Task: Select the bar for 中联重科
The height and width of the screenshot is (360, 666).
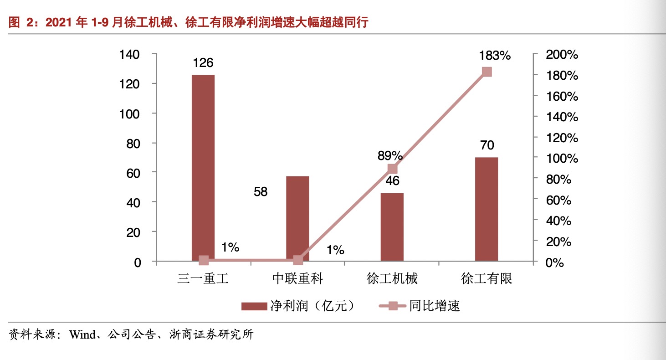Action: (297, 219)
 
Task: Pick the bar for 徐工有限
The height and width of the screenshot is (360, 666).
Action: (487, 209)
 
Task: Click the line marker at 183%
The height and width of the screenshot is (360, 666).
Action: (487, 72)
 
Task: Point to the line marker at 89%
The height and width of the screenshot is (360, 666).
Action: (392, 169)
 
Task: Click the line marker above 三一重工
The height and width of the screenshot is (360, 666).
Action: (204, 261)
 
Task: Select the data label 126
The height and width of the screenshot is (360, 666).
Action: (203, 63)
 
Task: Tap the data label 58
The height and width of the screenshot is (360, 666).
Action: (261, 192)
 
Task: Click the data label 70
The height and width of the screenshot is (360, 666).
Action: (487, 146)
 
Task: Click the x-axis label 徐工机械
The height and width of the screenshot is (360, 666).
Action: (392, 278)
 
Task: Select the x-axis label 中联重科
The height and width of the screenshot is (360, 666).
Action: (297, 278)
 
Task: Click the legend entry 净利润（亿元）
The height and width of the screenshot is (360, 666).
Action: (299, 306)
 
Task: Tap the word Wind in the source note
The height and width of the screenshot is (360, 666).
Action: (82, 335)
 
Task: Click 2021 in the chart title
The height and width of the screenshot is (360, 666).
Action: (60, 23)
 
